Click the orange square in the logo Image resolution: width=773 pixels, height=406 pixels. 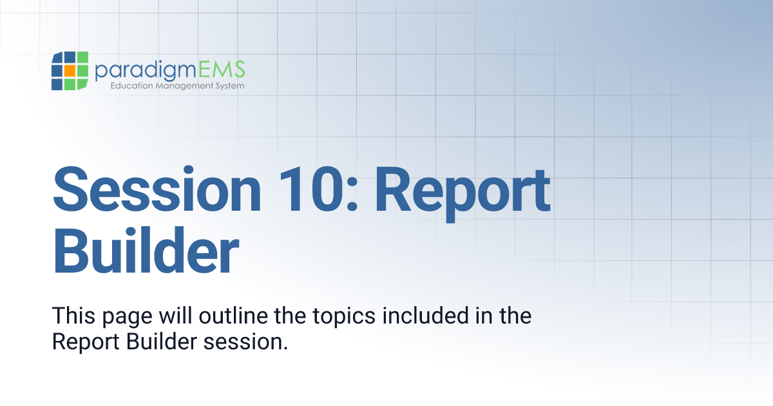pos(70,71)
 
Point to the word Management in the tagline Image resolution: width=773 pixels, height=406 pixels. pos(177,86)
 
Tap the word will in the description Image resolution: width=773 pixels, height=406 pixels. pos(169,316)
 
